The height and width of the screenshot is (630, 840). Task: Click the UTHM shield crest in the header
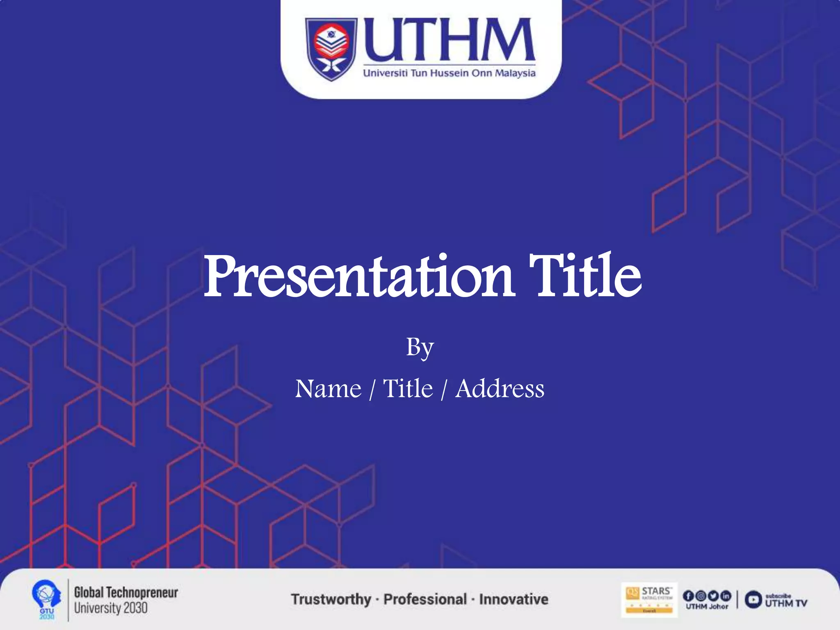point(331,49)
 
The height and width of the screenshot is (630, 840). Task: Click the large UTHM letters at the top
point(449,39)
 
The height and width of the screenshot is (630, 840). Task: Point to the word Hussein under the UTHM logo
point(449,73)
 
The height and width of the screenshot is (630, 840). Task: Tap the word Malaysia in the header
point(515,74)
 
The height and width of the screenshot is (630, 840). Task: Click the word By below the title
point(420,348)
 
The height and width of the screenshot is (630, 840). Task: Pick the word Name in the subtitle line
point(328,388)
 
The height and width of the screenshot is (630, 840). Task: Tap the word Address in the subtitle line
point(500,388)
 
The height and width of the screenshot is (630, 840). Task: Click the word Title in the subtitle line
point(408,388)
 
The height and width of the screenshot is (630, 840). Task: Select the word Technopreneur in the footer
point(142,592)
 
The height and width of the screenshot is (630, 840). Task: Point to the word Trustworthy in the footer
point(331,599)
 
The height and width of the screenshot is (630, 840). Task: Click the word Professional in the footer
point(425,599)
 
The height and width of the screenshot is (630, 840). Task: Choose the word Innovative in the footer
point(514,599)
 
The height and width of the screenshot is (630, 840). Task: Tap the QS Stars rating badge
point(649,600)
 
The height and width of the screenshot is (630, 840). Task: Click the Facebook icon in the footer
point(688,596)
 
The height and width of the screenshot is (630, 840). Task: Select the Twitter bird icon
point(713,596)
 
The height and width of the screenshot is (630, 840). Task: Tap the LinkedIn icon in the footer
point(726,596)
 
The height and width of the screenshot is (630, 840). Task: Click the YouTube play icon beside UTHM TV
point(753,600)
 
